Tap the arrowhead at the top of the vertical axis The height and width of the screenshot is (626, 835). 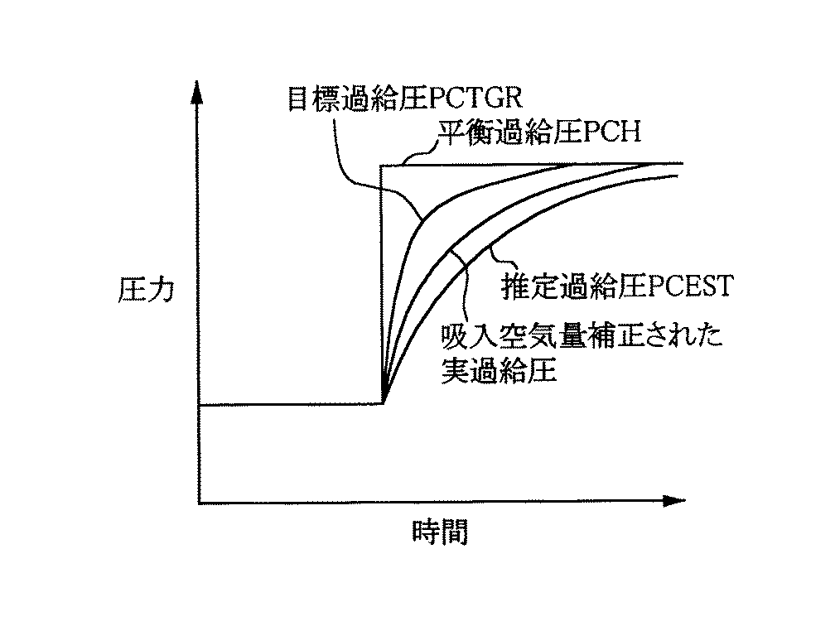[x=198, y=89]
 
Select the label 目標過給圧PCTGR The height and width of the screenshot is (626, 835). [x=403, y=99]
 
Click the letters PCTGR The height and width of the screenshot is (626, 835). [x=473, y=99]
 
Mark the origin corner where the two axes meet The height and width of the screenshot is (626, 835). [x=199, y=501]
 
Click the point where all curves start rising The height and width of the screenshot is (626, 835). [x=383, y=403]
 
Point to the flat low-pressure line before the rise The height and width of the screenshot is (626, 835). [x=290, y=404]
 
